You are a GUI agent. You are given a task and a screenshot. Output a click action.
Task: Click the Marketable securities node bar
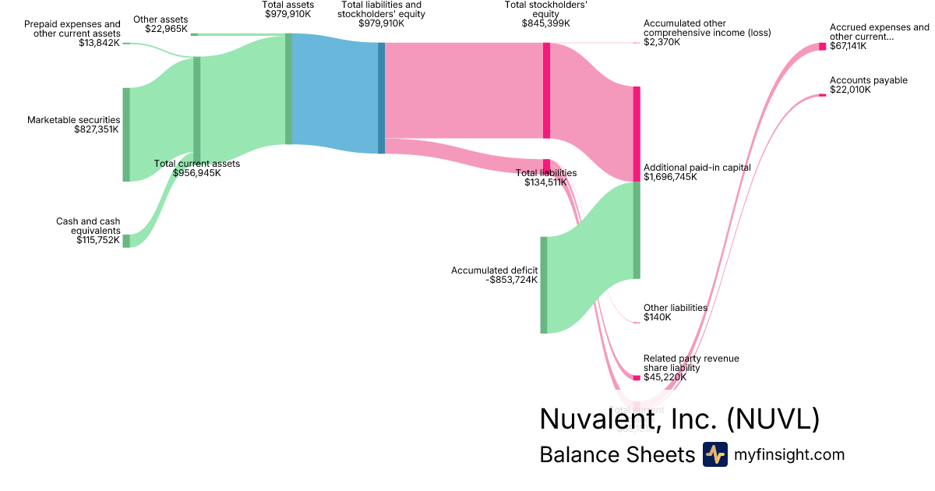(x=126, y=135)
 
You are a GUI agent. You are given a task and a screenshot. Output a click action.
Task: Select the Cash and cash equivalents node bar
(x=126, y=241)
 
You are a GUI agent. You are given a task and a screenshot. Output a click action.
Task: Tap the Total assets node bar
(x=288, y=89)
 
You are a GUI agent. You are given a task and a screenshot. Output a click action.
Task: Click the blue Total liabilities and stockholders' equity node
(x=382, y=97)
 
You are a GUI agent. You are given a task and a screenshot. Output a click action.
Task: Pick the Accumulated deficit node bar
(x=544, y=284)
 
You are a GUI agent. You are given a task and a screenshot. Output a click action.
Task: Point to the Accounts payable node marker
(x=822, y=95)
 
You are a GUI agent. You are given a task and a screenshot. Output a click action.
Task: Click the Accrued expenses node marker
(x=822, y=46)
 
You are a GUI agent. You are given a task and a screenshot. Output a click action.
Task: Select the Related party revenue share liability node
(x=637, y=378)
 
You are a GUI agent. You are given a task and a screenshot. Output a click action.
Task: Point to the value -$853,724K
(x=511, y=280)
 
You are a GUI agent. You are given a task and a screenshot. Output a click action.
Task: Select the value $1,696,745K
(x=670, y=177)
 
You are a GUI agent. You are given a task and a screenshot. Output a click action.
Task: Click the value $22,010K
(x=850, y=90)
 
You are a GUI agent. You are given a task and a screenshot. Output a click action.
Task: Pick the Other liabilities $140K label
(x=675, y=313)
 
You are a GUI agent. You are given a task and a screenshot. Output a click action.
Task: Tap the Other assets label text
(x=161, y=19)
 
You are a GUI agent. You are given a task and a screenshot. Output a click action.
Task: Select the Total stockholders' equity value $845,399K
(x=554, y=23)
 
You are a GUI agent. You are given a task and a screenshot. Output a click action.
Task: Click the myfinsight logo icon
(x=714, y=454)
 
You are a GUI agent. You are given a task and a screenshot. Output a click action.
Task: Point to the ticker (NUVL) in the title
(x=772, y=419)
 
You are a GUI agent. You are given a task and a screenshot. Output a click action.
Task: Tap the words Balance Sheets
(x=616, y=454)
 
